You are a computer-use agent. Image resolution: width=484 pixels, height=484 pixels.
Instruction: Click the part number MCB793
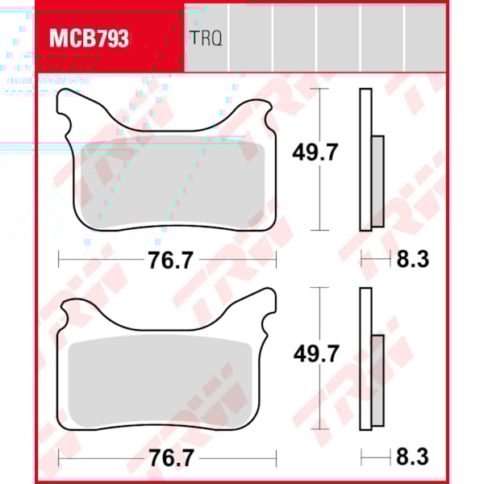pos(89,38)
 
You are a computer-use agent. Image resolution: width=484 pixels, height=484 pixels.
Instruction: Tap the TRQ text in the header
pos(206,38)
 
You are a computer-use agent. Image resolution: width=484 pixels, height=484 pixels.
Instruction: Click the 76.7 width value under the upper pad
pos(169,260)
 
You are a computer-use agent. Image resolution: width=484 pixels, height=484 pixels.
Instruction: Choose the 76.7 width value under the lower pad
pos(169,458)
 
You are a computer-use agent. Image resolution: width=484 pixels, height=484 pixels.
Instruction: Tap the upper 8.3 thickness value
pos(411,260)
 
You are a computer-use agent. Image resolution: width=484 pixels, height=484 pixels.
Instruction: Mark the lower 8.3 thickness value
pos(411,458)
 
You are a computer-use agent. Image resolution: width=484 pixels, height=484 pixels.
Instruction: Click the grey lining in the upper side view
pos(378,181)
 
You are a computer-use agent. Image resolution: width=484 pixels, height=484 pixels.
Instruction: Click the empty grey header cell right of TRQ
pos(250,38)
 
